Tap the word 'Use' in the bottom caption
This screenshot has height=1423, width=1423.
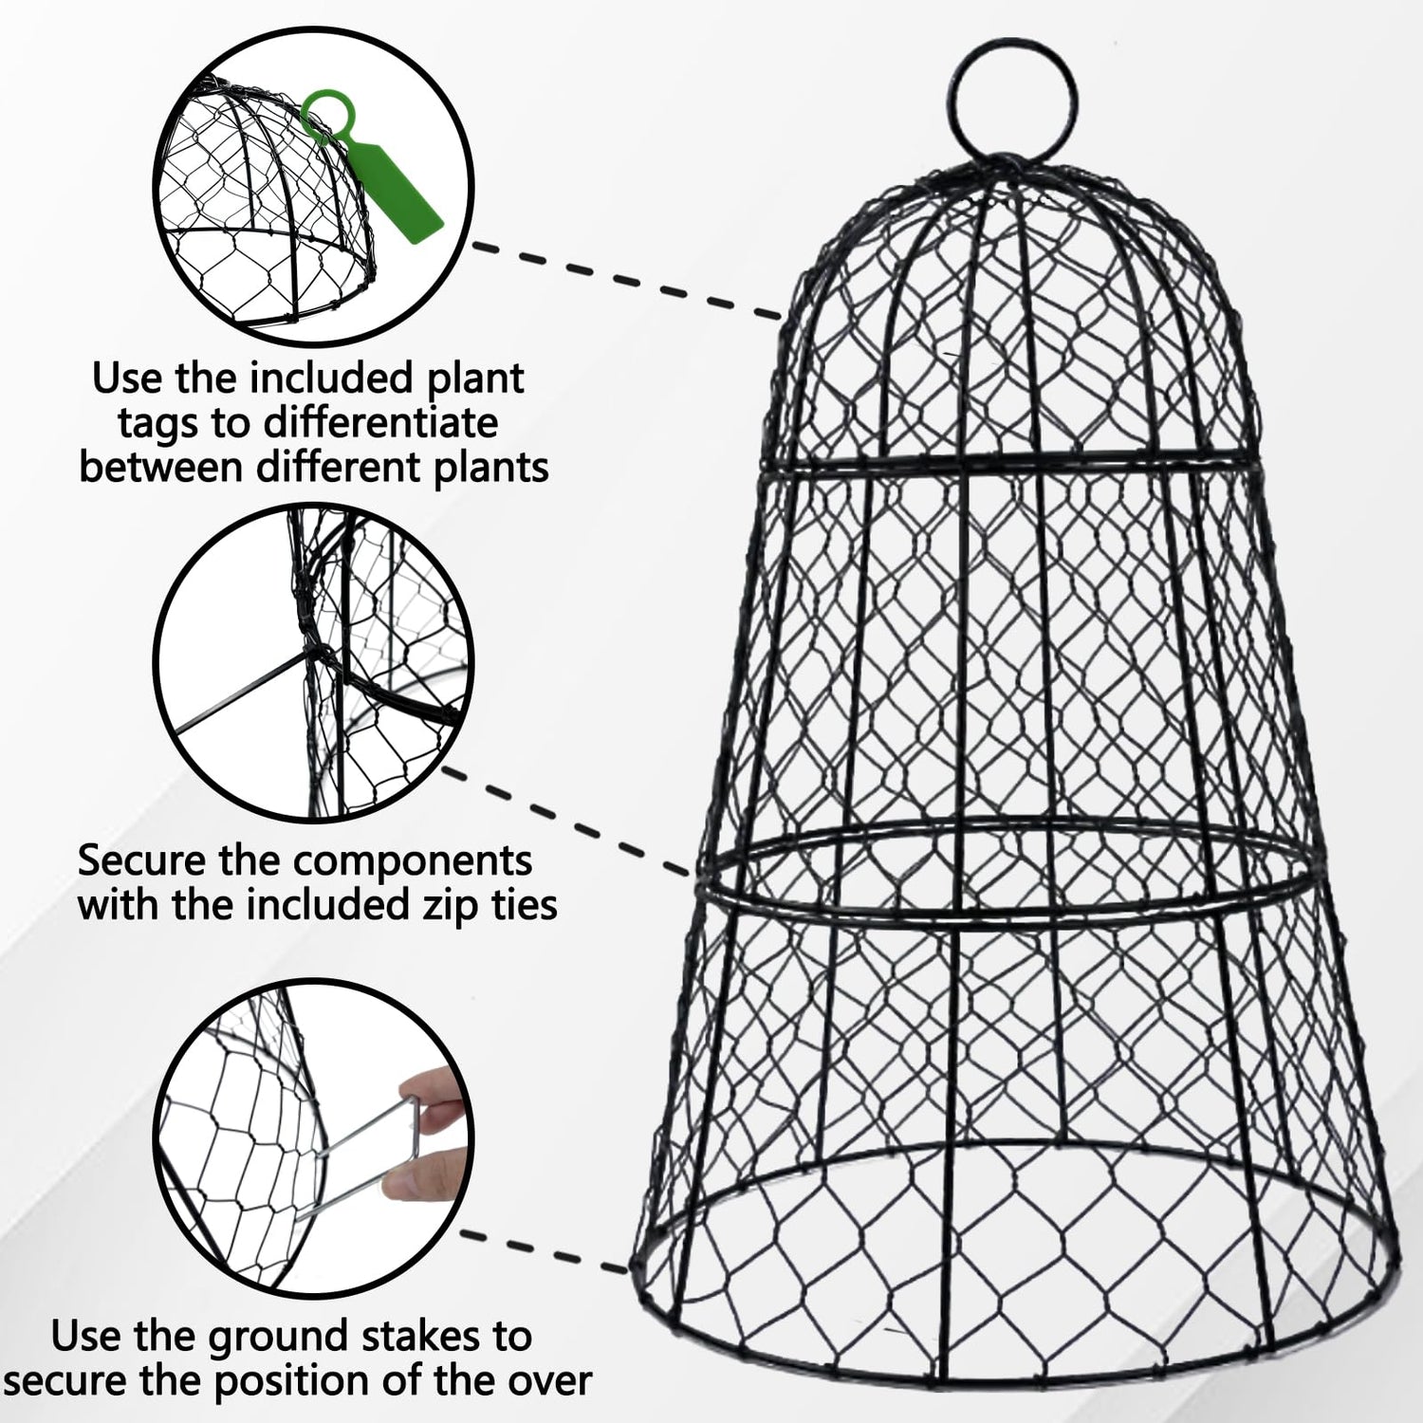(87, 1337)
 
